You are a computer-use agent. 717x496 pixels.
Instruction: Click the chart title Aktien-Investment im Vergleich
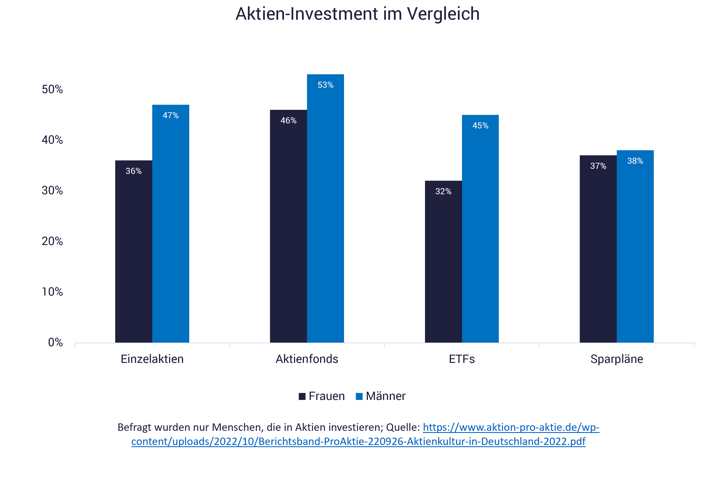[x=357, y=14]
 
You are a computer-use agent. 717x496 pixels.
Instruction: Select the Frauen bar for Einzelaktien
[x=133, y=252]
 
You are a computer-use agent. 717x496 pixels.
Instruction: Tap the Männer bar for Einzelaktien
[x=170, y=224]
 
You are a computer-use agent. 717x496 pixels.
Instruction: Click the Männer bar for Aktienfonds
[x=325, y=208]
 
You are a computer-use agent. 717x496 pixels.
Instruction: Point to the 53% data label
[x=325, y=85]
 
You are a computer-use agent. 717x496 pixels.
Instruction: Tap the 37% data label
[x=598, y=166]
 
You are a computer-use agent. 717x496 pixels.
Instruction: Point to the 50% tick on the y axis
[x=52, y=90]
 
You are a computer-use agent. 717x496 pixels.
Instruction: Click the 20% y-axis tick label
[x=52, y=241]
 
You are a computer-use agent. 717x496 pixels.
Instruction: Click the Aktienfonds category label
[x=307, y=359]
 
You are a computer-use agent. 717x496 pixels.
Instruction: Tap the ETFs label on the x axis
[x=462, y=359]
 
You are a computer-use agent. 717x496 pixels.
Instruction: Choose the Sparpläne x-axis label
[x=617, y=359]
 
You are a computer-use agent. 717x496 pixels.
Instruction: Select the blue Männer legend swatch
[x=359, y=397]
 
